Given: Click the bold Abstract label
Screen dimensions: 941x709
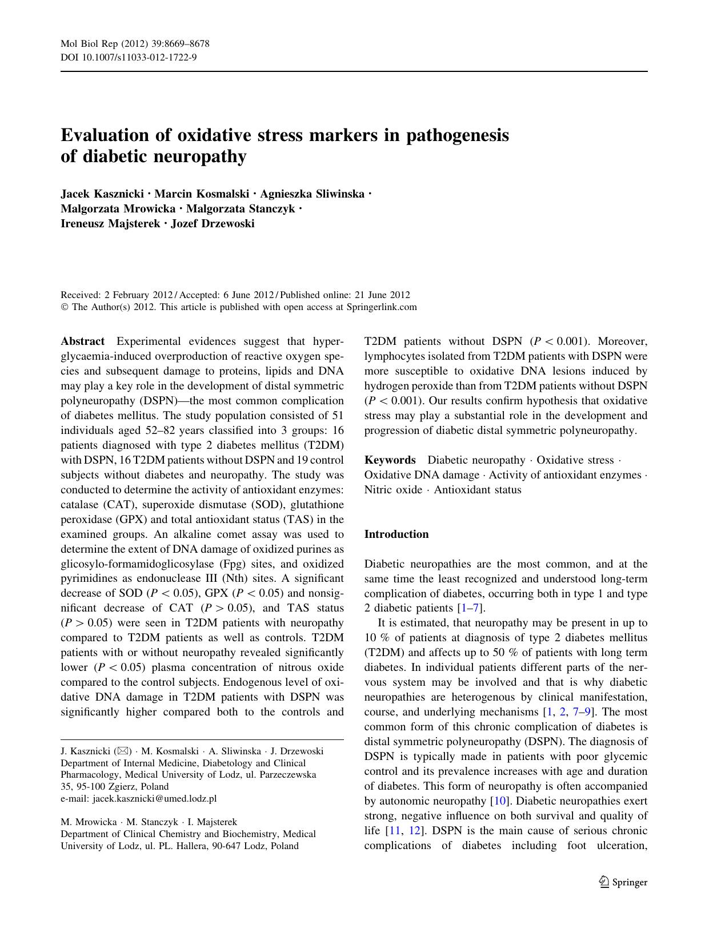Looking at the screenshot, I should pyautogui.click(x=83, y=341).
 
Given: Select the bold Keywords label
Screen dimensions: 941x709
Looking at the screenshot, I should pyautogui.click(x=390, y=460).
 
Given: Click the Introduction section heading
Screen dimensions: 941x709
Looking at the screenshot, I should pyautogui.click(x=396, y=534).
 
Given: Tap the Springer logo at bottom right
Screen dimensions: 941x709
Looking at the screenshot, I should pyautogui.click(x=623, y=882).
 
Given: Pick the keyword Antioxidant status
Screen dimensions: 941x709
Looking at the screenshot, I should pyautogui.click(x=478, y=490).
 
